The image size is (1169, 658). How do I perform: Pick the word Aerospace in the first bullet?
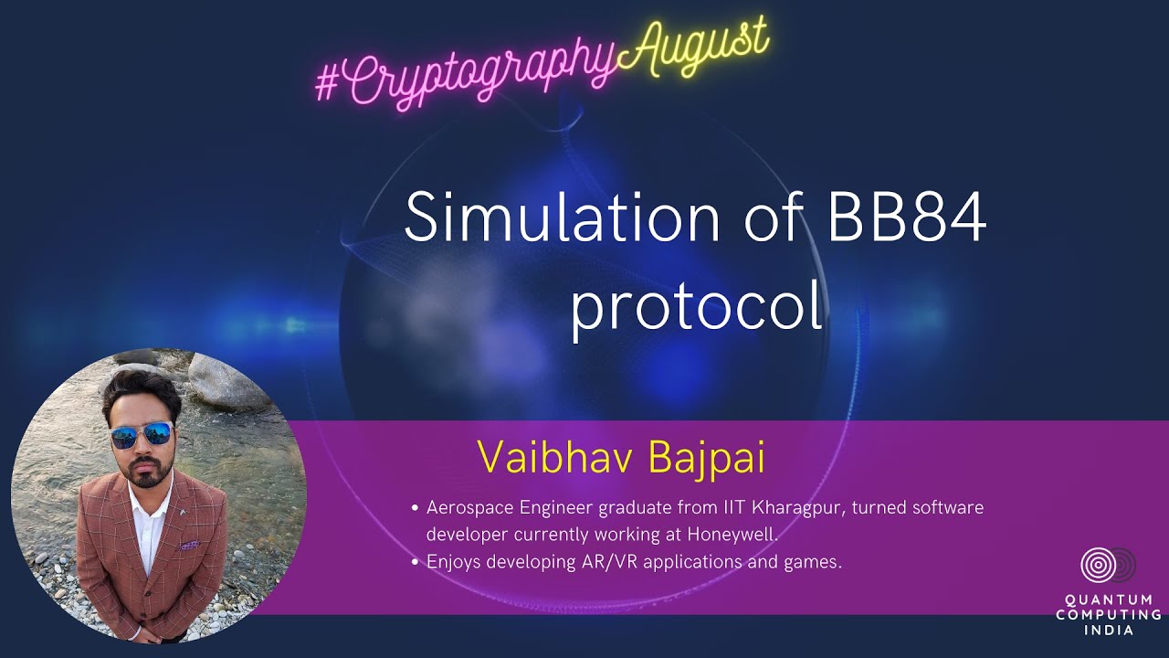click(467, 507)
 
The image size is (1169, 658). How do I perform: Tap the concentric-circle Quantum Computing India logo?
click(1106, 566)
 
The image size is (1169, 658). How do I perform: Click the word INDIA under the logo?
click(1108, 630)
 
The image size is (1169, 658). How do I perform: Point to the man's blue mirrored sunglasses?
click(142, 435)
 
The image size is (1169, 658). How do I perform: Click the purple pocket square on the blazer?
click(189, 546)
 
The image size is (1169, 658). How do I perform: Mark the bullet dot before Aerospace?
click(416, 508)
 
